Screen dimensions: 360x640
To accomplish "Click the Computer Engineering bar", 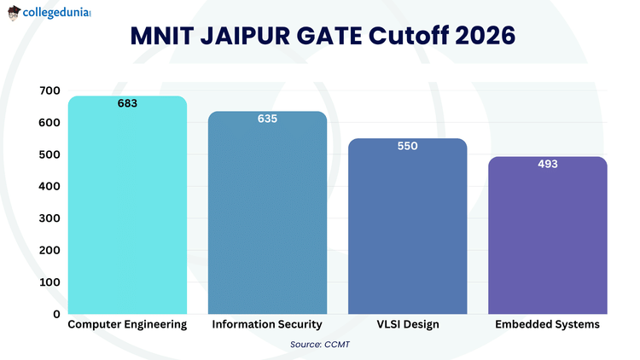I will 127,209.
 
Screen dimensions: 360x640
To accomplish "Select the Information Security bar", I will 267,218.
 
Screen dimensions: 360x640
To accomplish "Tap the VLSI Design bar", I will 407,230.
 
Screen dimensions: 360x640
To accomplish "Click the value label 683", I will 127,103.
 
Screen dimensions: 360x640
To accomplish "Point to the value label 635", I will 267,119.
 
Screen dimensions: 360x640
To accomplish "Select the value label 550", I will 407,146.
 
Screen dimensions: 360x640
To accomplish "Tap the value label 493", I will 547,164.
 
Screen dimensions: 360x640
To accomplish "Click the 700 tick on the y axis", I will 49,90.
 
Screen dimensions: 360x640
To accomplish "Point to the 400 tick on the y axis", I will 49,186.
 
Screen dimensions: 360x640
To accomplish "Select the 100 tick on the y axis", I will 49,282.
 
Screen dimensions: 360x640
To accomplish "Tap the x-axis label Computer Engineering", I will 127,325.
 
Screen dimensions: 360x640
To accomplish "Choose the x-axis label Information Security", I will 267,325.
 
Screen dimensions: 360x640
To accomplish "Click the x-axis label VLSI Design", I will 407,325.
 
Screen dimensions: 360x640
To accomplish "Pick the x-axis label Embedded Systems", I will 547,325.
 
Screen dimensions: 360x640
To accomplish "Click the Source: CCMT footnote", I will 320,344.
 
